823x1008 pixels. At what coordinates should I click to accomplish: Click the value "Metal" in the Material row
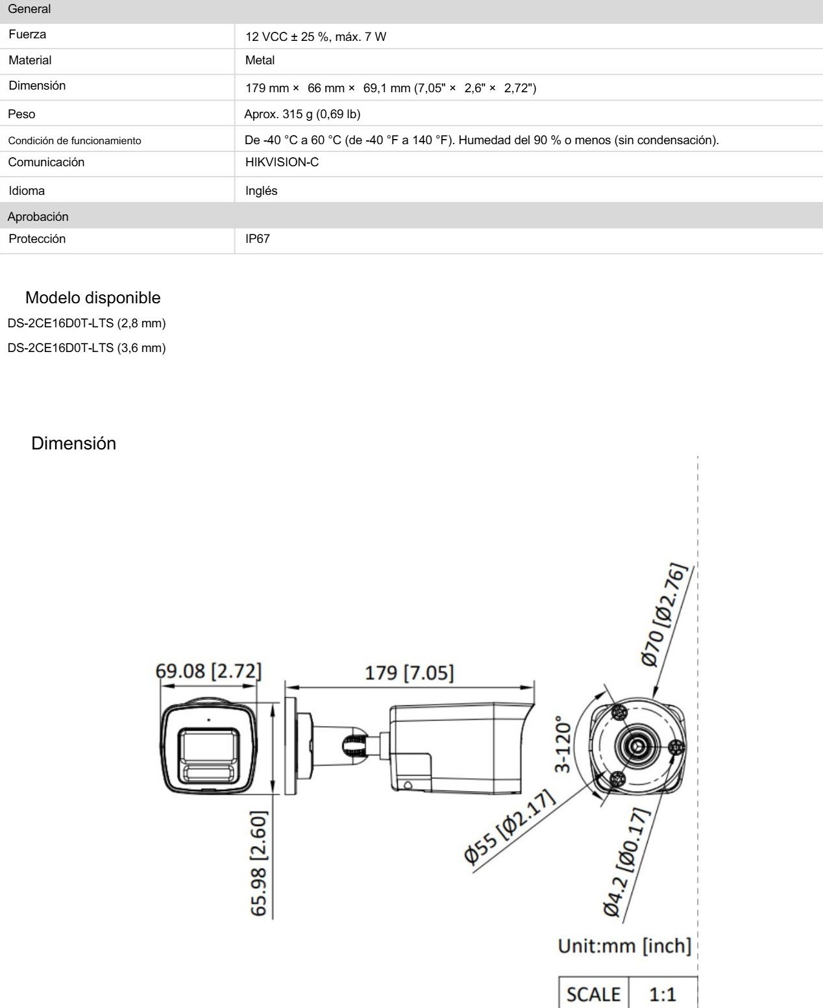pyautogui.click(x=260, y=60)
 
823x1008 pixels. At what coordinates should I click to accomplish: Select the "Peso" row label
pyautogui.click(x=21, y=114)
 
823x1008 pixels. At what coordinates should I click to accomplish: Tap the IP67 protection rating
pyautogui.click(x=257, y=239)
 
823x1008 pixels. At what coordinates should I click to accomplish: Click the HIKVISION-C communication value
pyautogui.click(x=282, y=162)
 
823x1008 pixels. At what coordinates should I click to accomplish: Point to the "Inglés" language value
pyautogui.click(x=261, y=191)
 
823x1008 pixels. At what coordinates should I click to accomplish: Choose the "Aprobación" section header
pyautogui.click(x=38, y=217)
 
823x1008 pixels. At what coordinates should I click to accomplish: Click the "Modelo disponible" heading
pyautogui.click(x=93, y=297)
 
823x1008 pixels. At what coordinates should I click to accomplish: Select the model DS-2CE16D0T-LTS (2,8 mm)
pyautogui.click(x=86, y=323)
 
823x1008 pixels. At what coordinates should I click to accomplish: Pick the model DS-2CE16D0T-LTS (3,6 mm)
pyautogui.click(x=86, y=348)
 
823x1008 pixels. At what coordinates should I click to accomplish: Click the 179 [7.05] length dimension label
pyautogui.click(x=409, y=672)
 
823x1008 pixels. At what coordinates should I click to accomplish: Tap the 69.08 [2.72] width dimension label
pyautogui.click(x=208, y=670)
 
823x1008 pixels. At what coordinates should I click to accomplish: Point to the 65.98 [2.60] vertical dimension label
pyautogui.click(x=259, y=863)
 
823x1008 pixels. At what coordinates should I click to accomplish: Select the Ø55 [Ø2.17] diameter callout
pyautogui.click(x=510, y=827)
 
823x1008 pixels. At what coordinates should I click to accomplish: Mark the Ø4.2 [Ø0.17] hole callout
pyautogui.click(x=626, y=861)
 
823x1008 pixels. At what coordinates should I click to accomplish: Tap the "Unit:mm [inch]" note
pyautogui.click(x=624, y=946)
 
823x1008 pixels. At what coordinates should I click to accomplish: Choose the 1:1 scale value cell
pyautogui.click(x=663, y=994)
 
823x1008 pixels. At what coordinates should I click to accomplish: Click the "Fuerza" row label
pyautogui.click(x=27, y=34)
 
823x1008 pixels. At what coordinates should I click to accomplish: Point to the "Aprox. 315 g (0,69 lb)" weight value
pyautogui.click(x=302, y=114)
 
